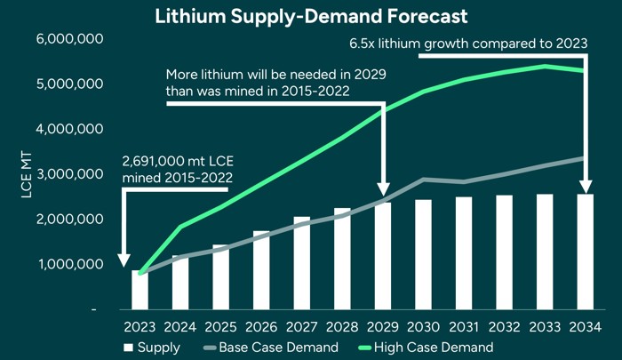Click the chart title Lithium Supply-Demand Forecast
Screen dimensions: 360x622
click(x=311, y=17)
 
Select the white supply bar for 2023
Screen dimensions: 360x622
click(x=140, y=290)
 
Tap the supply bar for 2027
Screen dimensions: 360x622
click(x=302, y=263)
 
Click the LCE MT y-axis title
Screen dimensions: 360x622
click(x=26, y=173)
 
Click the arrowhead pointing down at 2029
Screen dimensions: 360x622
click(x=383, y=189)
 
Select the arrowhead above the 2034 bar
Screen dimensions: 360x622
click(x=585, y=187)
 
